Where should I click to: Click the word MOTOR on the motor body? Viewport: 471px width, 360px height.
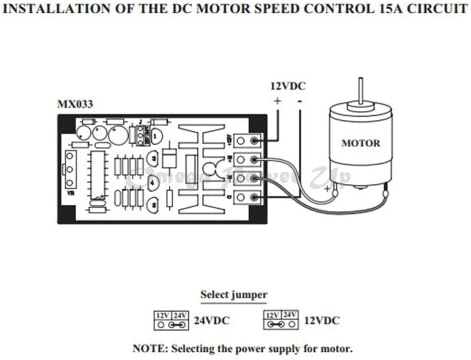pos(362,143)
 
